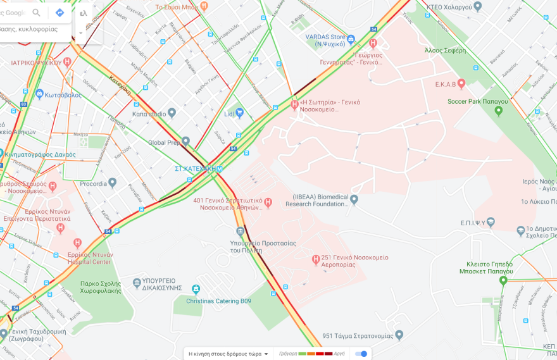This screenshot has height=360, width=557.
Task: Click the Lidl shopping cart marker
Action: point(239,113)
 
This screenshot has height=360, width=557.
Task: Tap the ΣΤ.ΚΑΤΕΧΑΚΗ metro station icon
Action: point(220,169)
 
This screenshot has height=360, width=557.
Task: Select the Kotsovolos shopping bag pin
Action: point(39,94)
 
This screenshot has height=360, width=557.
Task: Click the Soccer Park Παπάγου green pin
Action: point(498,111)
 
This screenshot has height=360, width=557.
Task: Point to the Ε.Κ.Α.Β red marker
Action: point(461,84)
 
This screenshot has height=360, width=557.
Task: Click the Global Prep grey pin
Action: point(185,141)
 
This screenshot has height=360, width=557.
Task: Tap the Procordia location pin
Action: point(112,183)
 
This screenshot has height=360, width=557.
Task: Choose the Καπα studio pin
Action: point(172,113)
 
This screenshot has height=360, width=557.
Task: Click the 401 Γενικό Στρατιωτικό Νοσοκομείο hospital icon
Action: point(268,202)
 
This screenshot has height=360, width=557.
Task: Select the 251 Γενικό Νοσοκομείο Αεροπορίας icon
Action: point(316,259)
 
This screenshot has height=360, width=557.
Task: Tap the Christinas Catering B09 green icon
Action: point(196,290)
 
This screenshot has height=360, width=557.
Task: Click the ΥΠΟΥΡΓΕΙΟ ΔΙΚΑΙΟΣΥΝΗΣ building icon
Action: point(137,283)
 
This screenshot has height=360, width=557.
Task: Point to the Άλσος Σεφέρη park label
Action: point(446,51)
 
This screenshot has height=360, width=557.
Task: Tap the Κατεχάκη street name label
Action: point(120,85)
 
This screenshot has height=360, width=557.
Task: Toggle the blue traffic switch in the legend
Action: point(361,354)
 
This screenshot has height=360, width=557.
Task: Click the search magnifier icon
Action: point(36,13)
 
